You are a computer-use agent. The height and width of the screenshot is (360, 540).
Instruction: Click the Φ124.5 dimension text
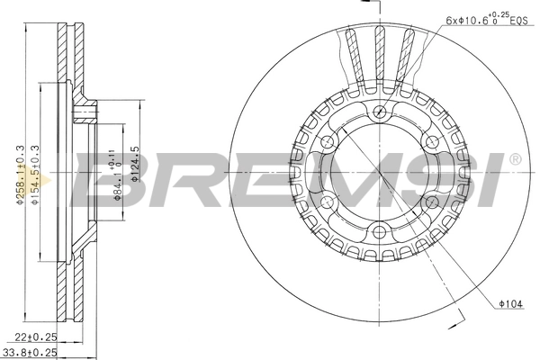click(x=135, y=165)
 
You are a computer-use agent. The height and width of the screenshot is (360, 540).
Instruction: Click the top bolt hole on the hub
click(x=380, y=111)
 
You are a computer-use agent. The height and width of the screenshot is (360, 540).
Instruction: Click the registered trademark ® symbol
click(x=514, y=160)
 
